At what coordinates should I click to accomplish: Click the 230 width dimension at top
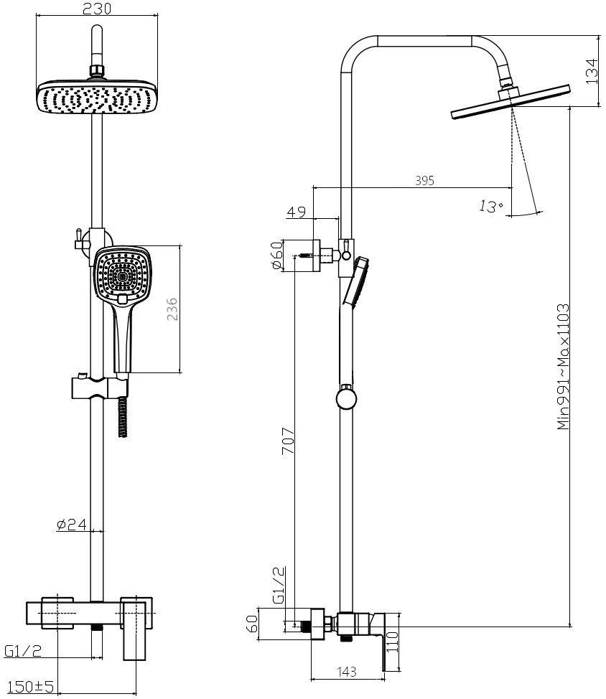(x=97, y=8)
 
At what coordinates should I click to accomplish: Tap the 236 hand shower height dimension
(x=172, y=309)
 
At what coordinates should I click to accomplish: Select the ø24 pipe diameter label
(x=71, y=524)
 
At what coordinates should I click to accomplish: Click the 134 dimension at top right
(x=592, y=71)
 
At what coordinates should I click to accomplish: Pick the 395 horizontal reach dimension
(x=424, y=181)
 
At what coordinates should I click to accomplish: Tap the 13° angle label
(x=490, y=207)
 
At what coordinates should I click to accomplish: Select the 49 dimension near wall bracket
(x=297, y=212)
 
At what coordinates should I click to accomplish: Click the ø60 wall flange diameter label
(x=277, y=255)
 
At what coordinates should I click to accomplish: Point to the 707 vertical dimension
(x=288, y=441)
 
